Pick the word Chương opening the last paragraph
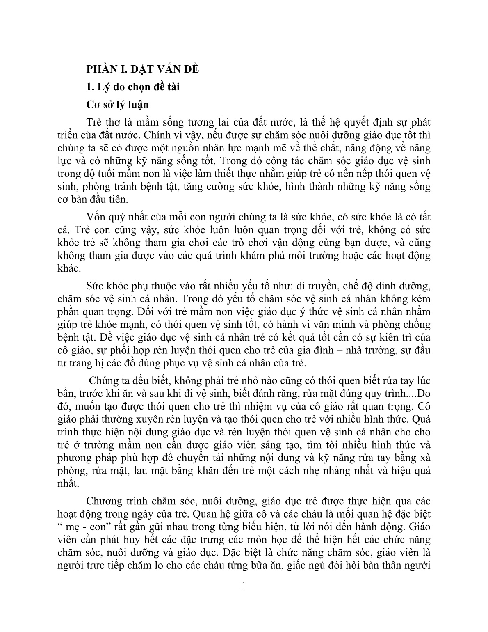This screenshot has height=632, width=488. pos(104,501)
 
